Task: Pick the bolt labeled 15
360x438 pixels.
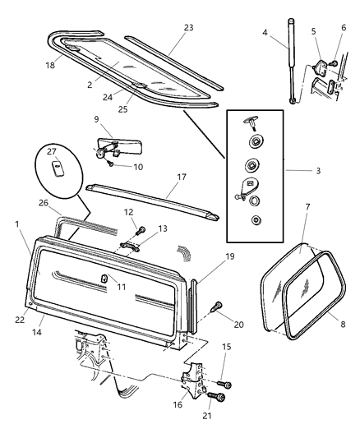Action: [x=227, y=384]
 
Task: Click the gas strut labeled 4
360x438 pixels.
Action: [x=290, y=70]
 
